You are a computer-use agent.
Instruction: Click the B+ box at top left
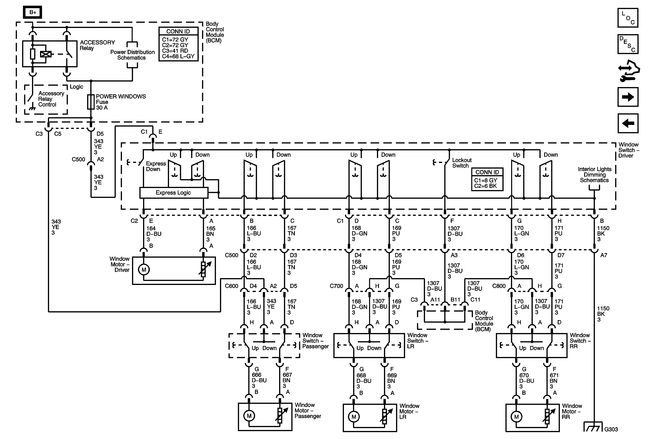(x=33, y=12)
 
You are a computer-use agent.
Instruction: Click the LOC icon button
(x=628, y=18)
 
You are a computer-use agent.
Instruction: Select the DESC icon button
(x=628, y=44)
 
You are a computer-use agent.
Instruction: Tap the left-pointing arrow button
(x=628, y=123)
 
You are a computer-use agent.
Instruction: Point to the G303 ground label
(x=611, y=429)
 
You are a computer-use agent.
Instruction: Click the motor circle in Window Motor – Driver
(x=144, y=270)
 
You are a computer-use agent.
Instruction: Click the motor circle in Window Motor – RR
(x=516, y=417)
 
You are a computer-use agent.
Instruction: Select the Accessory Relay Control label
(x=51, y=99)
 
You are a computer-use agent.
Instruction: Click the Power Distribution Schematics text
(x=132, y=55)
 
